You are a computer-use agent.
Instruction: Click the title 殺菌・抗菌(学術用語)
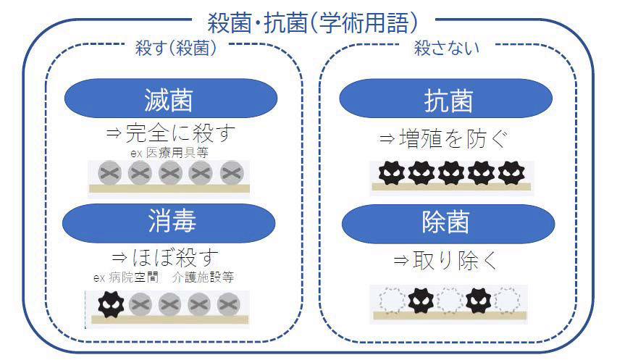pos(311,22)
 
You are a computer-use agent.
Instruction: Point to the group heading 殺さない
pos(447,49)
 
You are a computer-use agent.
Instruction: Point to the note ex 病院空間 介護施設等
pos(164,277)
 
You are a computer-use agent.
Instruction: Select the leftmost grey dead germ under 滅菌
pos(109,172)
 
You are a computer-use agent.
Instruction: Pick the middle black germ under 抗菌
pos(450,172)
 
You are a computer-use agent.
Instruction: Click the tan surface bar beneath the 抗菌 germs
pos(450,187)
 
